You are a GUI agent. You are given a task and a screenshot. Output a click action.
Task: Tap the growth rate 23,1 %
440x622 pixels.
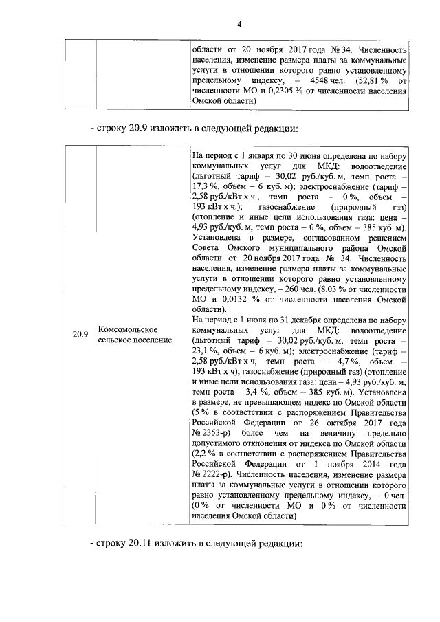click(x=204, y=351)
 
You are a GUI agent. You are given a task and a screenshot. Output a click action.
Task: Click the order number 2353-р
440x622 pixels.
click(x=214, y=433)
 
